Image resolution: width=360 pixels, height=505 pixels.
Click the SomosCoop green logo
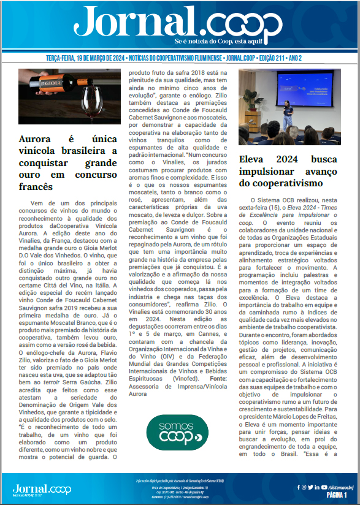point(177,432)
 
